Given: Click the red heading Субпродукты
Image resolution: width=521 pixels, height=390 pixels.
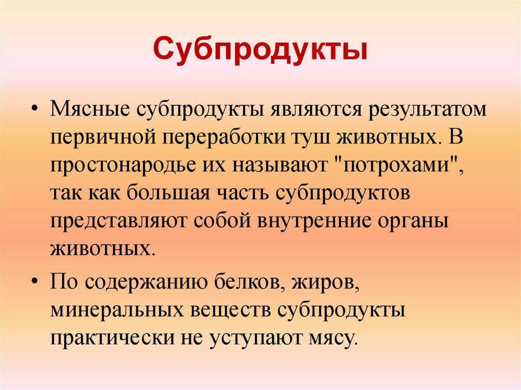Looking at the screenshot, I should (260, 50).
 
